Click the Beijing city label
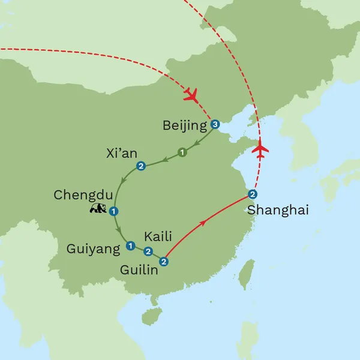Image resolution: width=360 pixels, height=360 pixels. coord(184,126)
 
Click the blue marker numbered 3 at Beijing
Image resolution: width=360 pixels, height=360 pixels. coord(215,125)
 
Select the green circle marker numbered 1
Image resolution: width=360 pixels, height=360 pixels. coord(182,152)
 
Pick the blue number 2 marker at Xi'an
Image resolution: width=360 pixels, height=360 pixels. coord(141,166)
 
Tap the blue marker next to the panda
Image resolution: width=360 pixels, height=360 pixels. coord(113,210)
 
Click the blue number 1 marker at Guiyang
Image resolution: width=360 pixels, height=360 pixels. coord(130,245)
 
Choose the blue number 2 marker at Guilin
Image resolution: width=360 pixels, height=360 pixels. coord(163,261)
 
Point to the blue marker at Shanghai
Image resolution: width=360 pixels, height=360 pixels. coord(253,194)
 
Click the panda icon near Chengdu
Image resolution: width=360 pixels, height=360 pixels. coord(98,209)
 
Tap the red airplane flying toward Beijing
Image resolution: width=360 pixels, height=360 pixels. coord(191,94)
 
